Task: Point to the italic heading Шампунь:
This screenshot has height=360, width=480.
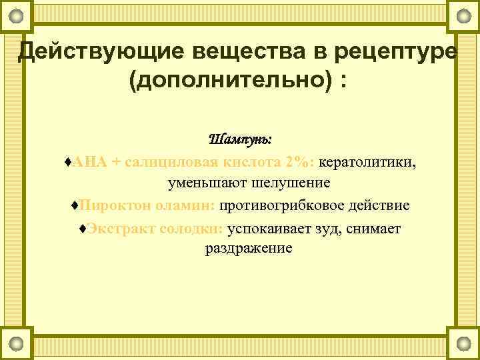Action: (240, 139)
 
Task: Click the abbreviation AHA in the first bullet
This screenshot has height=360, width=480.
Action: (87, 161)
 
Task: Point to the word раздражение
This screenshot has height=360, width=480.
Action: (248, 249)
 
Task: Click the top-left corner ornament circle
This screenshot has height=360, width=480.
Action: (20, 15)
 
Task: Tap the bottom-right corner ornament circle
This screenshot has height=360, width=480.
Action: (463, 344)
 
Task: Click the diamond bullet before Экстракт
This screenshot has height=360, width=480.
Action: (81, 228)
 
